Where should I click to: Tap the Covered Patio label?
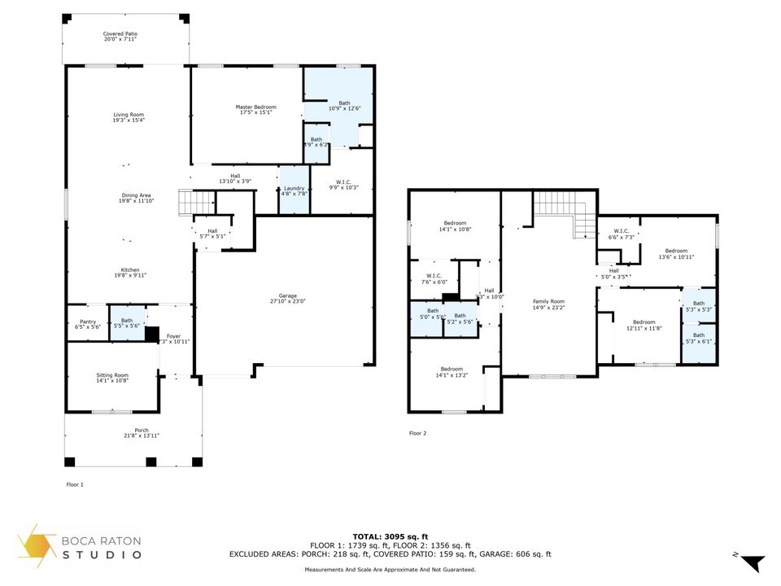120,34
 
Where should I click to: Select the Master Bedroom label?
255,107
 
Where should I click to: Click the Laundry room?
294,190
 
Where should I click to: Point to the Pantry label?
88,321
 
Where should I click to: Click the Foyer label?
173,335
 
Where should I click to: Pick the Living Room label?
129,116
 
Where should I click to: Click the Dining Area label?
136,195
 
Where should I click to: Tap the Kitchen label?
130,269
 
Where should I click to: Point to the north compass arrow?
752,562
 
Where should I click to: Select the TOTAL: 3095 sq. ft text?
390,536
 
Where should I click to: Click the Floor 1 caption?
75,484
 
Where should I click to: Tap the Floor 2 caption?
417,433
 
